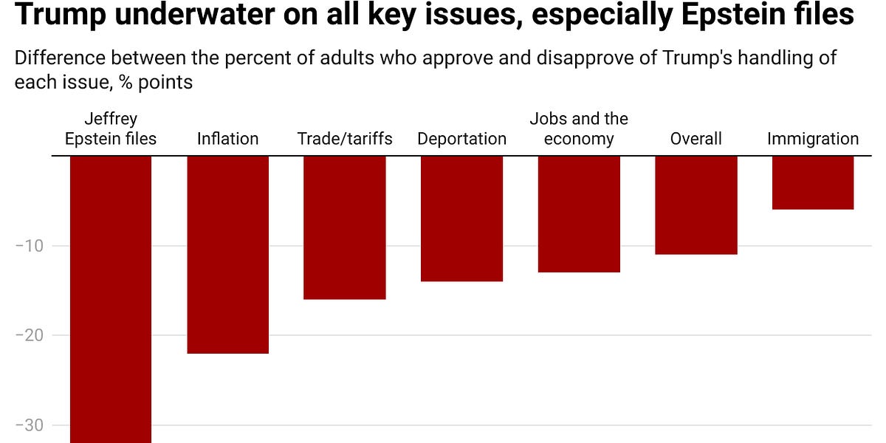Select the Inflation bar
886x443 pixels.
click(227, 255)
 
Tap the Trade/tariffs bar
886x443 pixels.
click(345, 227)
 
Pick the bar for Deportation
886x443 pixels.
click(461, 219)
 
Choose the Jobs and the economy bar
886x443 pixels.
click(579, 214)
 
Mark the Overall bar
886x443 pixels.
click(696, 205)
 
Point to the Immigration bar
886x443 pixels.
click(813, 182)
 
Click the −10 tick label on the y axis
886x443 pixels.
click(30, 246)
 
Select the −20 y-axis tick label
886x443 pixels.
click(30, 336)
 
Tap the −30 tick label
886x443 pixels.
click(30, 425)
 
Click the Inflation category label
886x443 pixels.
click(227, 139)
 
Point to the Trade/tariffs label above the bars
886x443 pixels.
click(345, 139)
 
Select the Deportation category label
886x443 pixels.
click(461, 139)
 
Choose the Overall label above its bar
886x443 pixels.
click(696, 139)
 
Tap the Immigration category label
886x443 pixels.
click(813, 139)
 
